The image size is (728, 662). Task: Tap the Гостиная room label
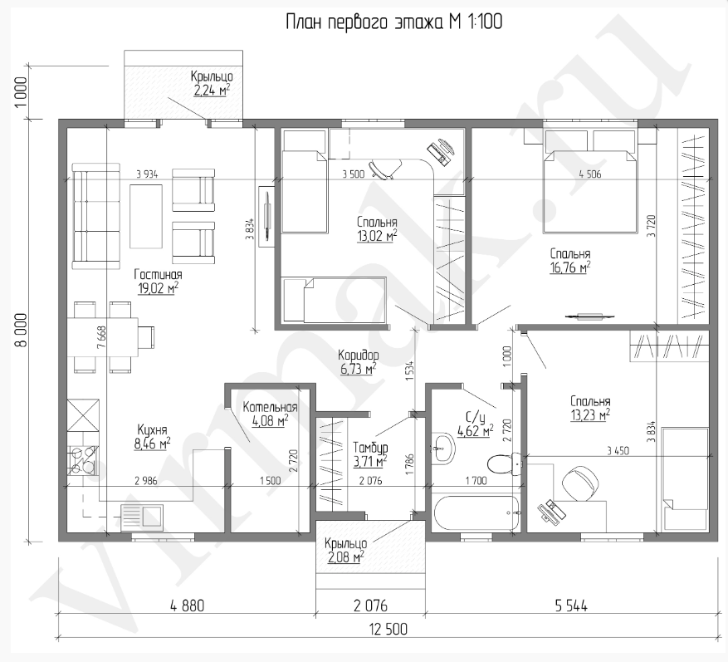coord(158,274)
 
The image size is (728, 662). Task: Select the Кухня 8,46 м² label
coord(152,437)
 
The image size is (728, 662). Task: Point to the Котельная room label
coord(270,408)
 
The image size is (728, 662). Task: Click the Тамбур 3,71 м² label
coord(370,455)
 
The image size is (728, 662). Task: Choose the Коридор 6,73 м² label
coord(358,362)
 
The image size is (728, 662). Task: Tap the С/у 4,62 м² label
coord(475,424)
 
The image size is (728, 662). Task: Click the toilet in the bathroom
coord(505,463)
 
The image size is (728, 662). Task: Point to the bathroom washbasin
coord(444,448)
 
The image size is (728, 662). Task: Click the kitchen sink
coord(142,518)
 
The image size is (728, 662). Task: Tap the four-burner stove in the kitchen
coord(84,460)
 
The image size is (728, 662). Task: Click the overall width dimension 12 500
coord(388,629)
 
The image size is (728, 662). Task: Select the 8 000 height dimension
coord(22,330)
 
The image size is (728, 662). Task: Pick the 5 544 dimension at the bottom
coord(571,606)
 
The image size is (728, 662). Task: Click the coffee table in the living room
coord(146,217)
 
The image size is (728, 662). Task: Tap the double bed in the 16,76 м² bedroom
coord(589,181)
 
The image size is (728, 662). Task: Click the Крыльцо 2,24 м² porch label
coord(211,83)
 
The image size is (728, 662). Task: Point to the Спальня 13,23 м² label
coord(590,408)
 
